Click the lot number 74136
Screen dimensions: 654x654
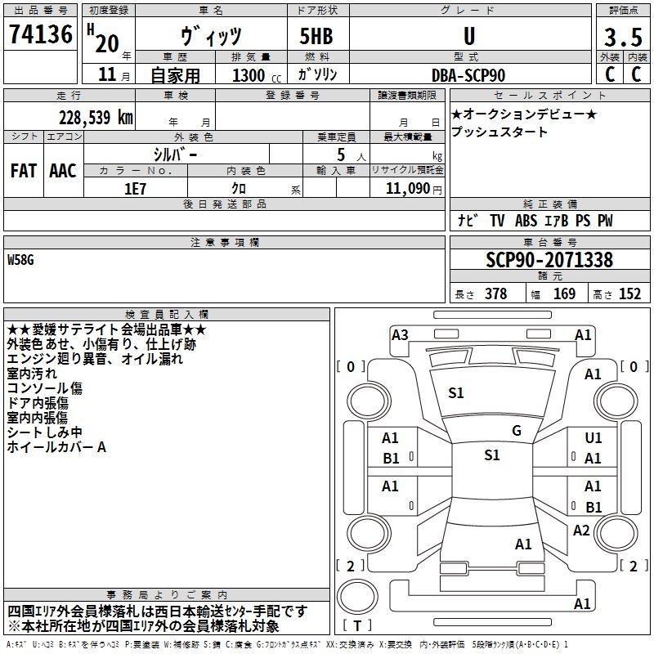[41, 35]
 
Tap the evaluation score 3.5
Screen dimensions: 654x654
[622, 38]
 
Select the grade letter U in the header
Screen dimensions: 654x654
[468, 36]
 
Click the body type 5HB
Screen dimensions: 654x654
[316, 36]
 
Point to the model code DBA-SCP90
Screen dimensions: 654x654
[468, 75]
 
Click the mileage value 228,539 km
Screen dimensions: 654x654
[96, 117]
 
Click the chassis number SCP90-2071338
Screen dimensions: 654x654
[549, 260]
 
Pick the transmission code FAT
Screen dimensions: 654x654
[23, 170]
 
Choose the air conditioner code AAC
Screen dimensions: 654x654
[62, 170]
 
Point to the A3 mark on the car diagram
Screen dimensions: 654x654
[400, 334]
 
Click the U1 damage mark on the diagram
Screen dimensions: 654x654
[594, 438]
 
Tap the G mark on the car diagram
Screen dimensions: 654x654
[517, 430]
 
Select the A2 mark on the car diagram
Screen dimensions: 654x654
[581, 531]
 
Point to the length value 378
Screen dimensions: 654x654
[495, 294]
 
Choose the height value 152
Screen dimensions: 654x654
[629, 294]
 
